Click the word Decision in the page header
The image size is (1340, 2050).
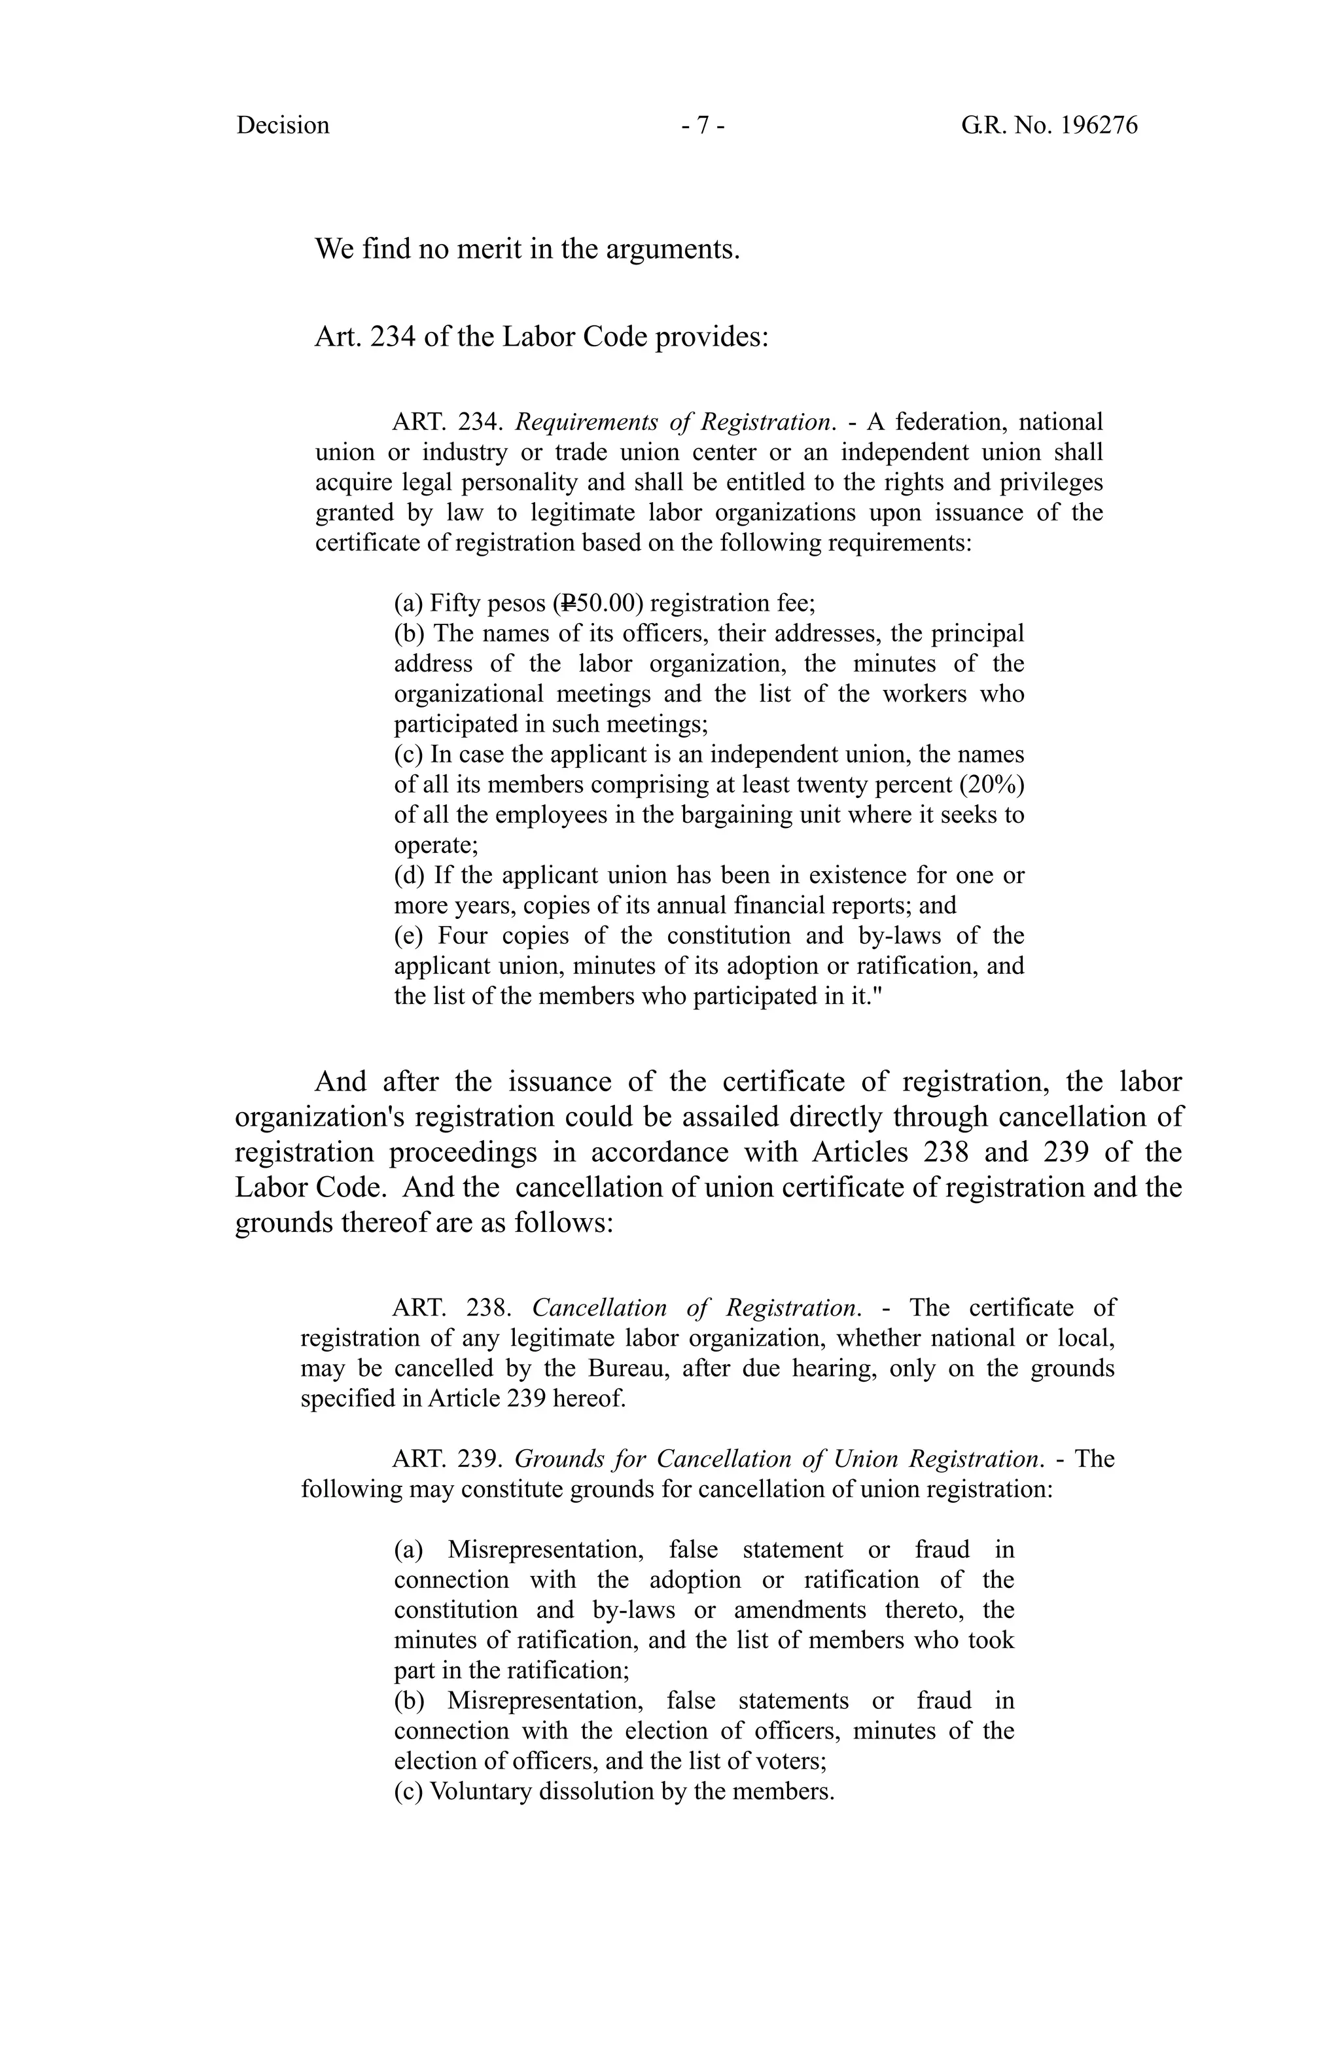(283, 126)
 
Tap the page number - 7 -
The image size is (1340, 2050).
(702, 126)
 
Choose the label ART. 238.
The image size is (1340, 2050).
(452, 1308)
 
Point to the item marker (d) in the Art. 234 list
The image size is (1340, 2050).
(409, 875)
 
